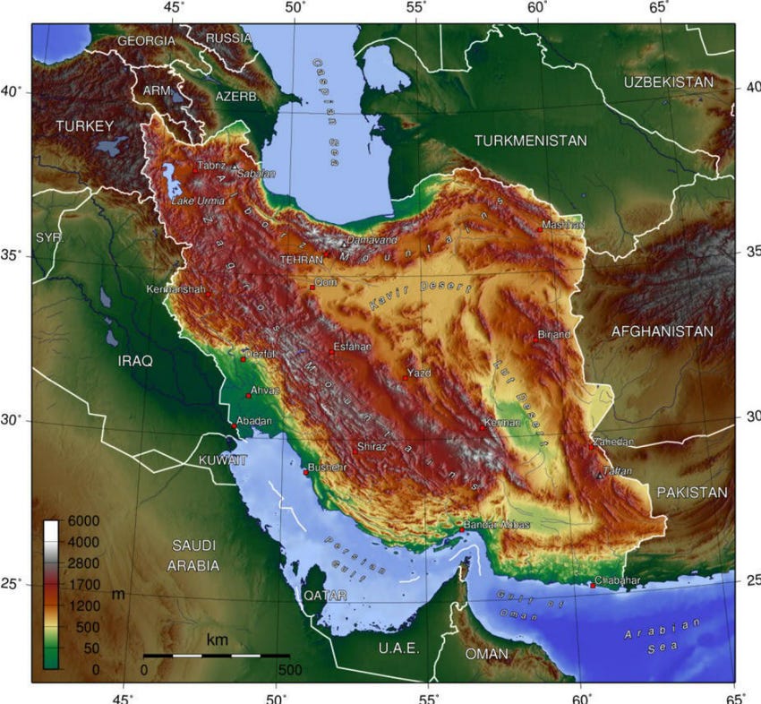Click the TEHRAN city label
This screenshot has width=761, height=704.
coord(301,259)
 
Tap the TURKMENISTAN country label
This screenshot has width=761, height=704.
coord(530,141)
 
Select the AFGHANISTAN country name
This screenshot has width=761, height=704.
coord(662,331)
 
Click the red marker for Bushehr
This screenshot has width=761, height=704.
coord(305,472)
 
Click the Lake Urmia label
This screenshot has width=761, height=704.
coord(198,201)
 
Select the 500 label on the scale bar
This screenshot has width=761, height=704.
coord(289,669)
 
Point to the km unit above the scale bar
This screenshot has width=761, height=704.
coord(217,640)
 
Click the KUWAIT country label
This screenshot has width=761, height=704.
coord(223,459)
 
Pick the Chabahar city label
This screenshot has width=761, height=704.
coord(618,581)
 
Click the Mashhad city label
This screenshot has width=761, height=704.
coord(563,225)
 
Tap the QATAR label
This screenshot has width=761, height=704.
coord(326,596)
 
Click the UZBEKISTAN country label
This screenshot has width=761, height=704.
coord(669,82)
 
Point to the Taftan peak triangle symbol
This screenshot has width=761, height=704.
coord(600,476)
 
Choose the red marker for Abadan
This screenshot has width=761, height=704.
coord(235,426)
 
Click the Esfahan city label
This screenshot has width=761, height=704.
coord(351,346)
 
